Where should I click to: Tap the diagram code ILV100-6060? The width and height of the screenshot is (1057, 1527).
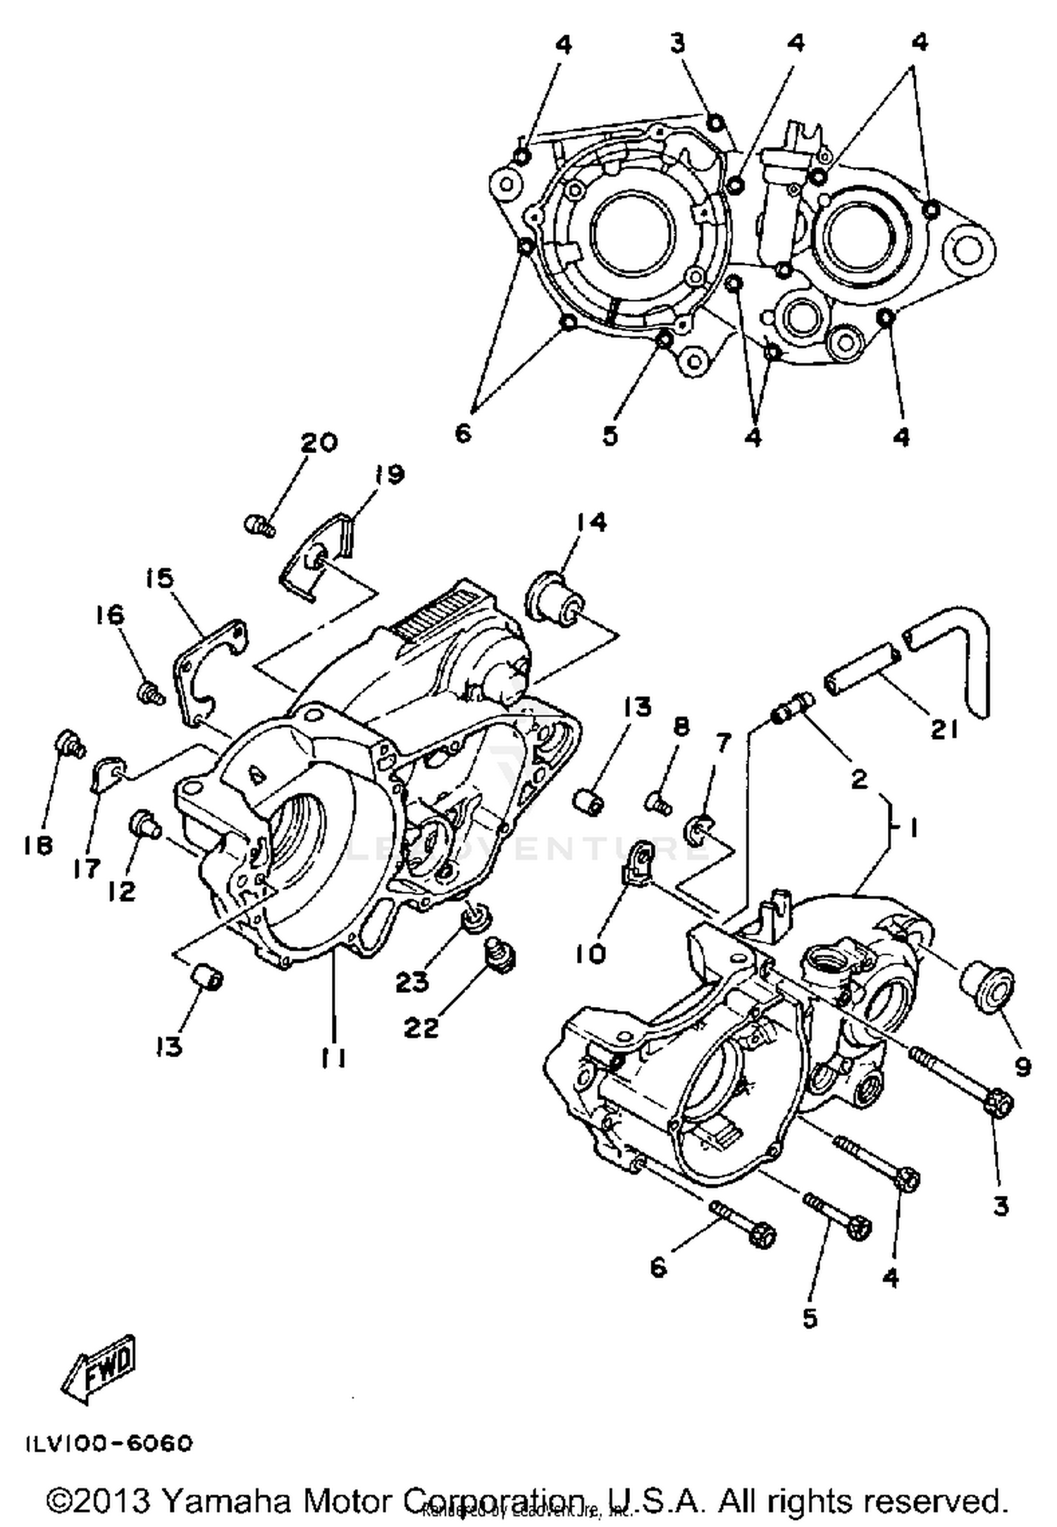click(109, 1444)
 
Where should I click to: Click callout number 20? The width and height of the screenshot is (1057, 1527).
click(319, 443)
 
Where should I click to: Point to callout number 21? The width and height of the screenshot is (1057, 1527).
click(944, 731)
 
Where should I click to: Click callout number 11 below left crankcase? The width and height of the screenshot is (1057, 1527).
click(333, 1057)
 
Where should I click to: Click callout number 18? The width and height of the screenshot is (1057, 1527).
click(38, 846)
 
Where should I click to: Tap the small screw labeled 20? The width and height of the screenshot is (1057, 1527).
click(260, 525)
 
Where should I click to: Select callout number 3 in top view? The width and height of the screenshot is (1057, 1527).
click(677, 44)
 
